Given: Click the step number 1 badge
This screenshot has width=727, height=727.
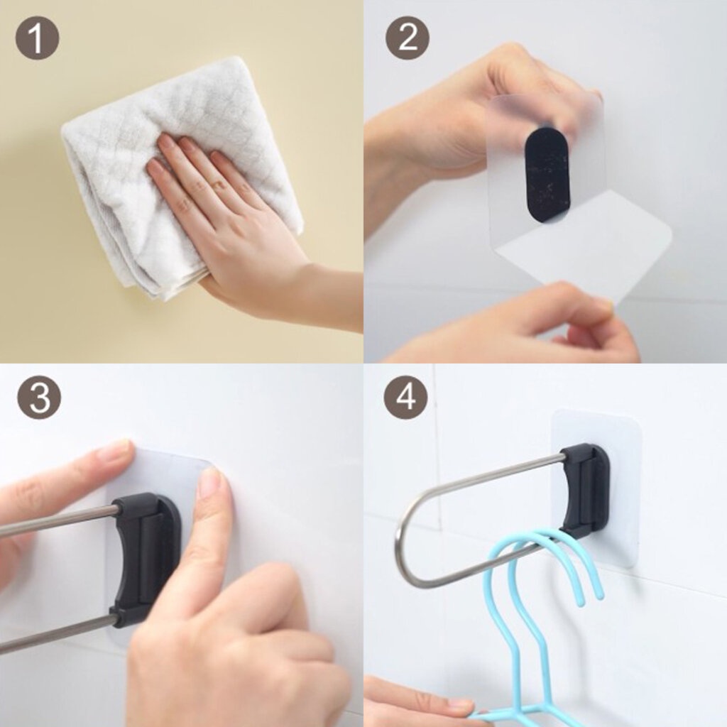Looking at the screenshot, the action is [x=37, y=38].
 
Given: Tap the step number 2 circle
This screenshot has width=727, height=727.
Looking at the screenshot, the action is [x=408, y=38].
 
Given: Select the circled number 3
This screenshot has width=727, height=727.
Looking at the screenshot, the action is [x=39, y=398].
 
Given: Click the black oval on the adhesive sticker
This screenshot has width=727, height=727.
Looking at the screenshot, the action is [x=547, y=173].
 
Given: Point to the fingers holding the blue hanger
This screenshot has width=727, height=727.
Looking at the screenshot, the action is [x=417, y=702].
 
